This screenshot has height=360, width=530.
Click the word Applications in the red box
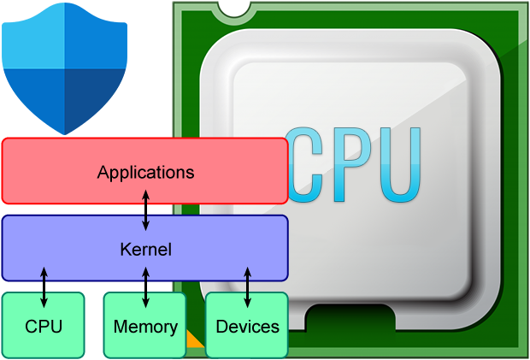click(x=145, y=172)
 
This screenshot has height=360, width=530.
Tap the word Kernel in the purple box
click(x=145, y=250)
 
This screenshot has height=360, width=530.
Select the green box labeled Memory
click(x=145, y=326)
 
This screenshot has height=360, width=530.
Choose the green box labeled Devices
click(x=247, y=326)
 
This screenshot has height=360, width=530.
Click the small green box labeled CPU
click(x=44, y=326)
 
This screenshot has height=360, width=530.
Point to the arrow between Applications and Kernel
click(x=145, y=210)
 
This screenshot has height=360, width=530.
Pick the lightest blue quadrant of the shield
click(x=34, y=38)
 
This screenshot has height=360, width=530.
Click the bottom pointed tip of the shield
click(x=64, y=133)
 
